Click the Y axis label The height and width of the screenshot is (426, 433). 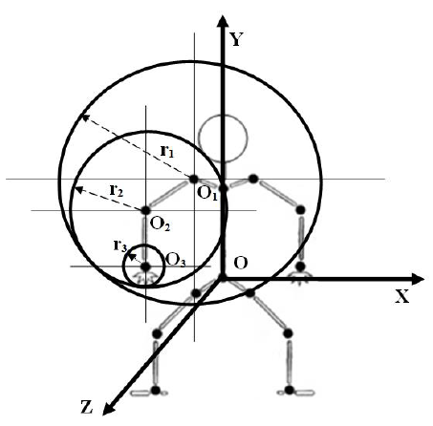pyautogui.click(x=236, y=39)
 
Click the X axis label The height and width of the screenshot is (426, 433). pyautogui.click(x=402, y=297)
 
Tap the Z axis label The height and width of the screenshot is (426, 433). pyautogui.click(x=87, y=407)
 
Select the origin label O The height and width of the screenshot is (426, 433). pyautogui.click(x=241, y=263)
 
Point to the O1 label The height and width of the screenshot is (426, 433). pyautogui.click(x=207, y=193)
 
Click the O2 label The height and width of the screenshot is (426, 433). pyautogui.click(x=160, y=224)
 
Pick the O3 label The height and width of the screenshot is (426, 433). pyautogui.click(x=176, y=260)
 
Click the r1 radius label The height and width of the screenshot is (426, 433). pyautogui.click(x=167, y=151)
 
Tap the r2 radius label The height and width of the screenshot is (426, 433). pyautogui.click(x=117, y=190)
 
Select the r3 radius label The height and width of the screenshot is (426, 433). pyautogui.click(x=120, y=245)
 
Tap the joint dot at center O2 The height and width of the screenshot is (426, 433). pyautogui.click(x=145, y=210)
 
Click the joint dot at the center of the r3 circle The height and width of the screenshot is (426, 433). pyautogui.click(x=145, y=266)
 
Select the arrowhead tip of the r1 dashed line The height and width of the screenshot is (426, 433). pyautogui.click(x=82, y=116)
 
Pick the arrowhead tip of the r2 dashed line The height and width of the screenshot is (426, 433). pyautogui.click(x=75, y=188)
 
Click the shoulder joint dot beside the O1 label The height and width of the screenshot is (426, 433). pyautogui.click(x=194, y=179)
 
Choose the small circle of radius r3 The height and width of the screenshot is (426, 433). pyautogui.click(x=143, y=245)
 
